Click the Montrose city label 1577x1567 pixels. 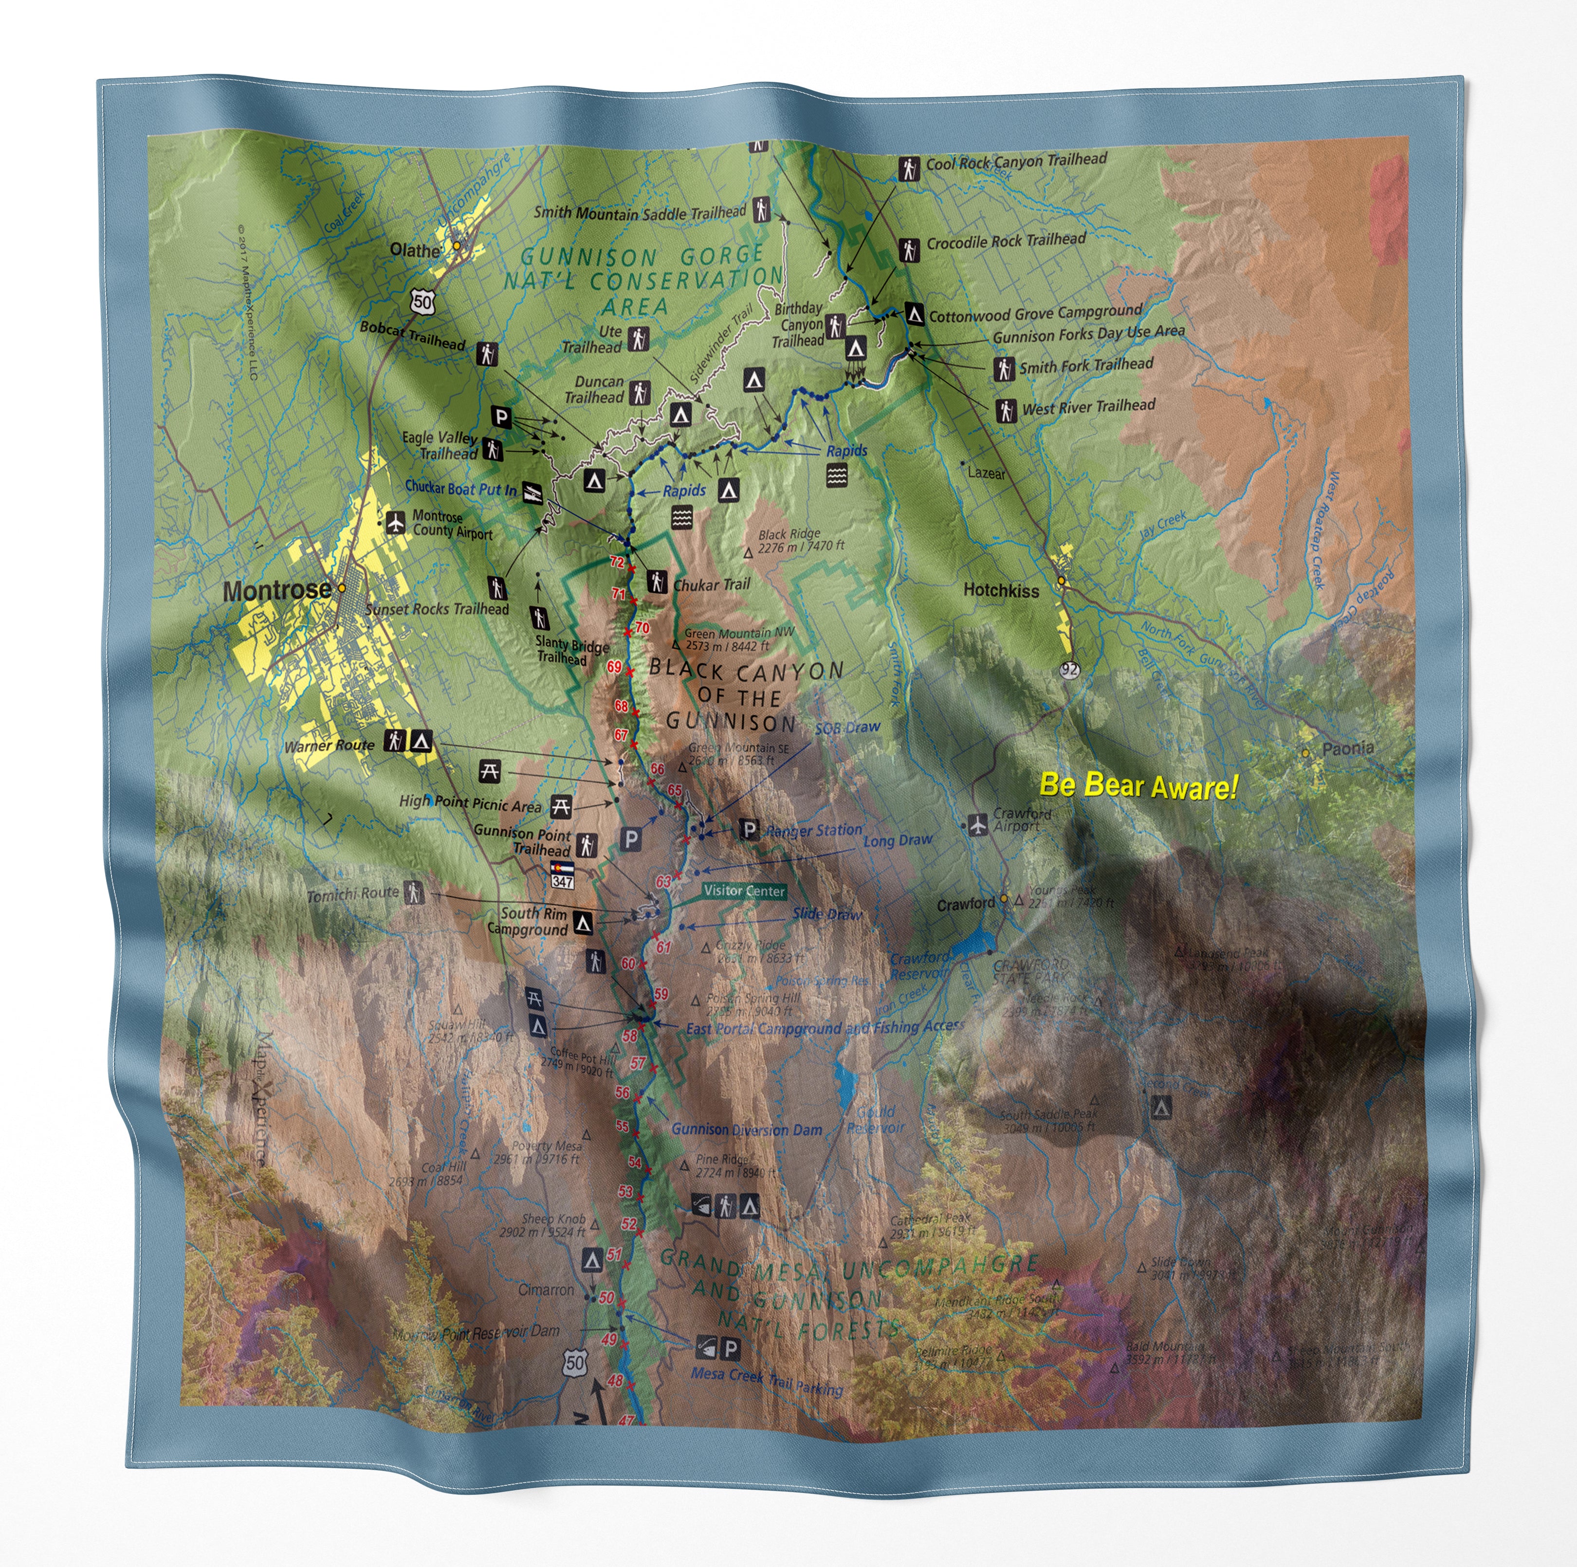coord(277,590)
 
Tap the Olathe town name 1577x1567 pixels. coord(415,250)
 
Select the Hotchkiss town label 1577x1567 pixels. coord(1001,590)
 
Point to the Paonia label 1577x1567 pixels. coord(1348,747)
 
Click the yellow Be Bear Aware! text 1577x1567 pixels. coord(1138,786)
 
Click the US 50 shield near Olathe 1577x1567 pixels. coord(423,301)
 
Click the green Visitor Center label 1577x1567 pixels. coord(744,891)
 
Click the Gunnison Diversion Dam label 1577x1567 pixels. coord(746,1130)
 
